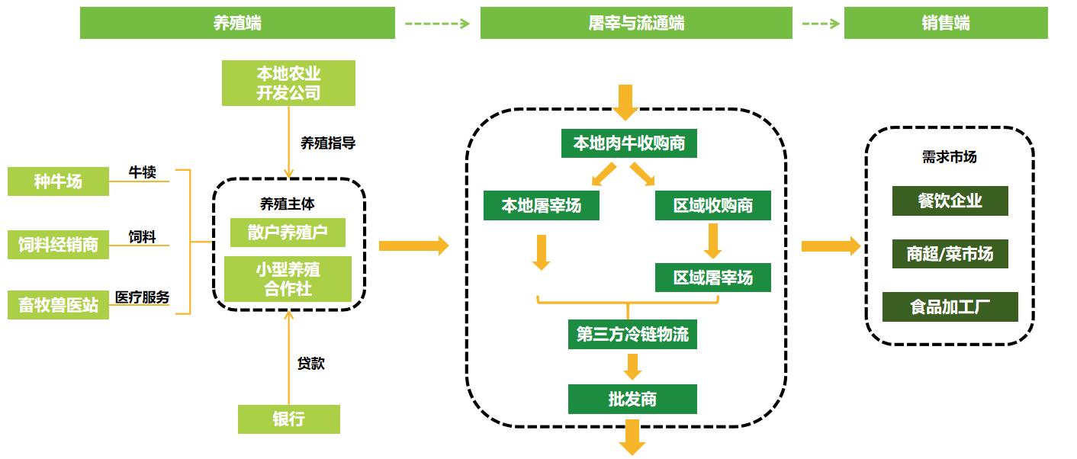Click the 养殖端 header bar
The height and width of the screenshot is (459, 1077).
[237, 23]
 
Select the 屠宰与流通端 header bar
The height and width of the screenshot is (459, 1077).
[636, 23]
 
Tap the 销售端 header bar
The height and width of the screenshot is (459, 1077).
[946, 23]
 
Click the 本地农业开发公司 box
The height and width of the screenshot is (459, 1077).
[288, 82]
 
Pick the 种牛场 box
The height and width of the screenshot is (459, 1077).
[58, 181]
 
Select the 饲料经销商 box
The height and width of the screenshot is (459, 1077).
[58, 244]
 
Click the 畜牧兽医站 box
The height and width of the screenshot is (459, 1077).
[58, 305]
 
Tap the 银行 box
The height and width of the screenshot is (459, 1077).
[289, 419]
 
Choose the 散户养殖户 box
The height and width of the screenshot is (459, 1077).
[288, 232]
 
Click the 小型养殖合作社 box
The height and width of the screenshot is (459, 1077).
[288, 279]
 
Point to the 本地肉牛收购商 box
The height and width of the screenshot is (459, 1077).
[629, 143]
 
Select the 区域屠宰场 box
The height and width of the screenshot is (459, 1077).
[713, 278]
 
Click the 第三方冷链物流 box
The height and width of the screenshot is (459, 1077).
[632, 334]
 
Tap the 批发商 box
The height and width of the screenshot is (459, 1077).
[632, 399]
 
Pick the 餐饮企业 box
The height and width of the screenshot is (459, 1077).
[950, 201]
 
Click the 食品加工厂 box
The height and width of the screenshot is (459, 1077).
[950, 307]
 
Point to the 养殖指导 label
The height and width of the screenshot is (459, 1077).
[328, 143]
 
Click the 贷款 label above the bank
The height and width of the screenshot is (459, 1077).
[311, 364]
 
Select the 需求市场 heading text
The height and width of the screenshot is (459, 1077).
[949, 156]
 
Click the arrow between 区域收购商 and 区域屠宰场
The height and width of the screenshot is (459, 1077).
[712, 241]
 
